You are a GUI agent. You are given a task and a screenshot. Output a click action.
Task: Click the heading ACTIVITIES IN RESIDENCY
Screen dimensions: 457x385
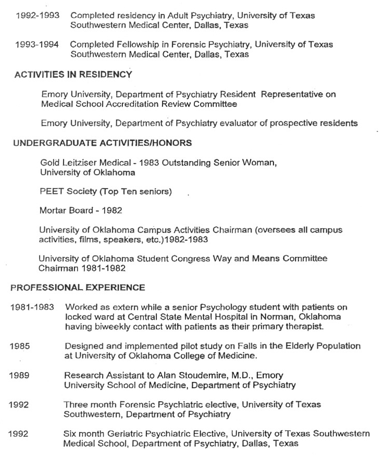(73, 75)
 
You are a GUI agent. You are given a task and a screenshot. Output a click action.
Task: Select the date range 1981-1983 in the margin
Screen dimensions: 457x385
(32, 308)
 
